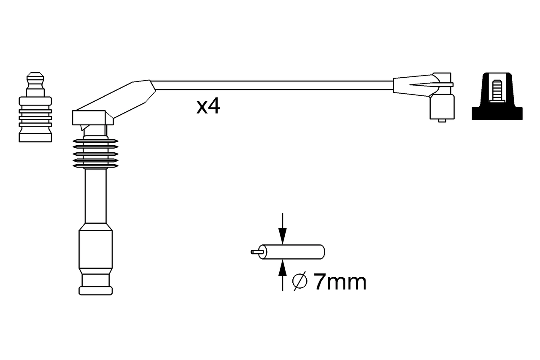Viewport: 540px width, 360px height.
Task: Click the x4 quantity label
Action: (208, 107)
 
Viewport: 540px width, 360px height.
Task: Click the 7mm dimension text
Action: (340, 282)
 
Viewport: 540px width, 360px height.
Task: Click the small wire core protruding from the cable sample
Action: (256, 252)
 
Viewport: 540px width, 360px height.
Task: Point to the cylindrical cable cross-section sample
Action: (293, 252)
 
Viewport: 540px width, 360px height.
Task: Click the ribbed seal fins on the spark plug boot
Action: (95, 153)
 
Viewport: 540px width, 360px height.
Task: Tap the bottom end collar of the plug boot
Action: (95, 290)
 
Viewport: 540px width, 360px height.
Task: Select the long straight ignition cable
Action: (274, 85)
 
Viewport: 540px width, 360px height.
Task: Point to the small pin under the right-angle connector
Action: (442, 120)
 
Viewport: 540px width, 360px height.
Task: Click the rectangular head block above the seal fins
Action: (93, 118)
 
